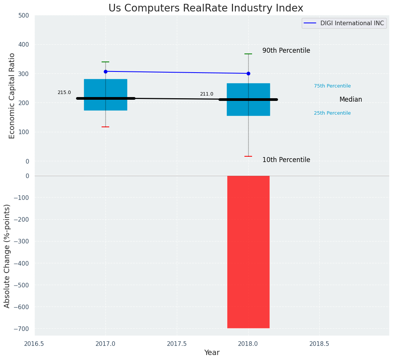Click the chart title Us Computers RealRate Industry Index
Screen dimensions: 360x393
[x=205, y=8]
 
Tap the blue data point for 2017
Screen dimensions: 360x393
[x=105, y=71]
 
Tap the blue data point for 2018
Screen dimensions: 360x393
[x=248, y=73]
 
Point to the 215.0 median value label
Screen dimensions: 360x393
[x=64, y=92]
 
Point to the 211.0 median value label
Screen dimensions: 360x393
[x=207, y=94]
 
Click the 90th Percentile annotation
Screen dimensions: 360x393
[x=286, y=51]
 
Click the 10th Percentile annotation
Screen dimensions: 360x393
[x=286, y=160]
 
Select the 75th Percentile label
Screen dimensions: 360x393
[x=332, y=86]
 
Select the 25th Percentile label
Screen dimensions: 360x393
[x=332, y=113]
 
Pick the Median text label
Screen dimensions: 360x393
[x=351, y=100]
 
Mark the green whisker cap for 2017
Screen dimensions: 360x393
[x=105, y=62]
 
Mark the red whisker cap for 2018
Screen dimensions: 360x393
[x=248, y=156]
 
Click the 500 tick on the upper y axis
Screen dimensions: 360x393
[x=24, y=16]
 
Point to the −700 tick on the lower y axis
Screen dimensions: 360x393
[x=21, y=329]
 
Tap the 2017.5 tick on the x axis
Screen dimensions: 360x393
[x=177, y=344]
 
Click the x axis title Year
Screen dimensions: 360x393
[x=212, y=353]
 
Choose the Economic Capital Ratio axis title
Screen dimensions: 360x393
[x=12, y=96]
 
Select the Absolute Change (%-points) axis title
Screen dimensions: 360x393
[x=7, y=256]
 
